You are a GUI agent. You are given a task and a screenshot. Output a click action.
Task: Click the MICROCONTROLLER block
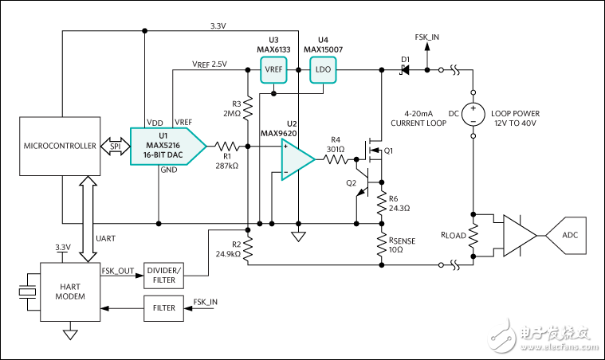(x=61, y=146)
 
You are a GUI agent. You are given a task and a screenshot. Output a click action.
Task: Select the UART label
(x=105, y=238)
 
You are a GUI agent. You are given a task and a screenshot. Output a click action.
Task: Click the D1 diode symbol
(x=404, y=70)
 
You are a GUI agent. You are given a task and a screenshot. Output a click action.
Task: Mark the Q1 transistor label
(x=389, y=151)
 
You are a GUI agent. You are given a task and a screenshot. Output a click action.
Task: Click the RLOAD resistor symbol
(x=473, y=236)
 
